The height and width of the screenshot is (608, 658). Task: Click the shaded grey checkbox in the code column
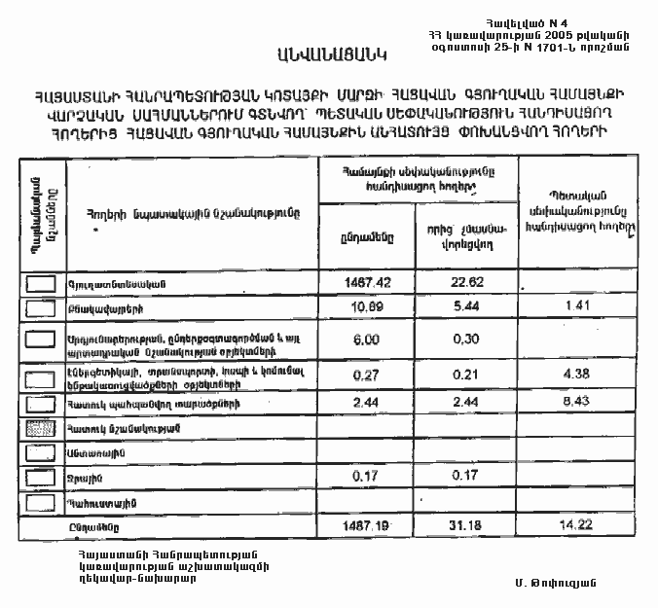[40, 428]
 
